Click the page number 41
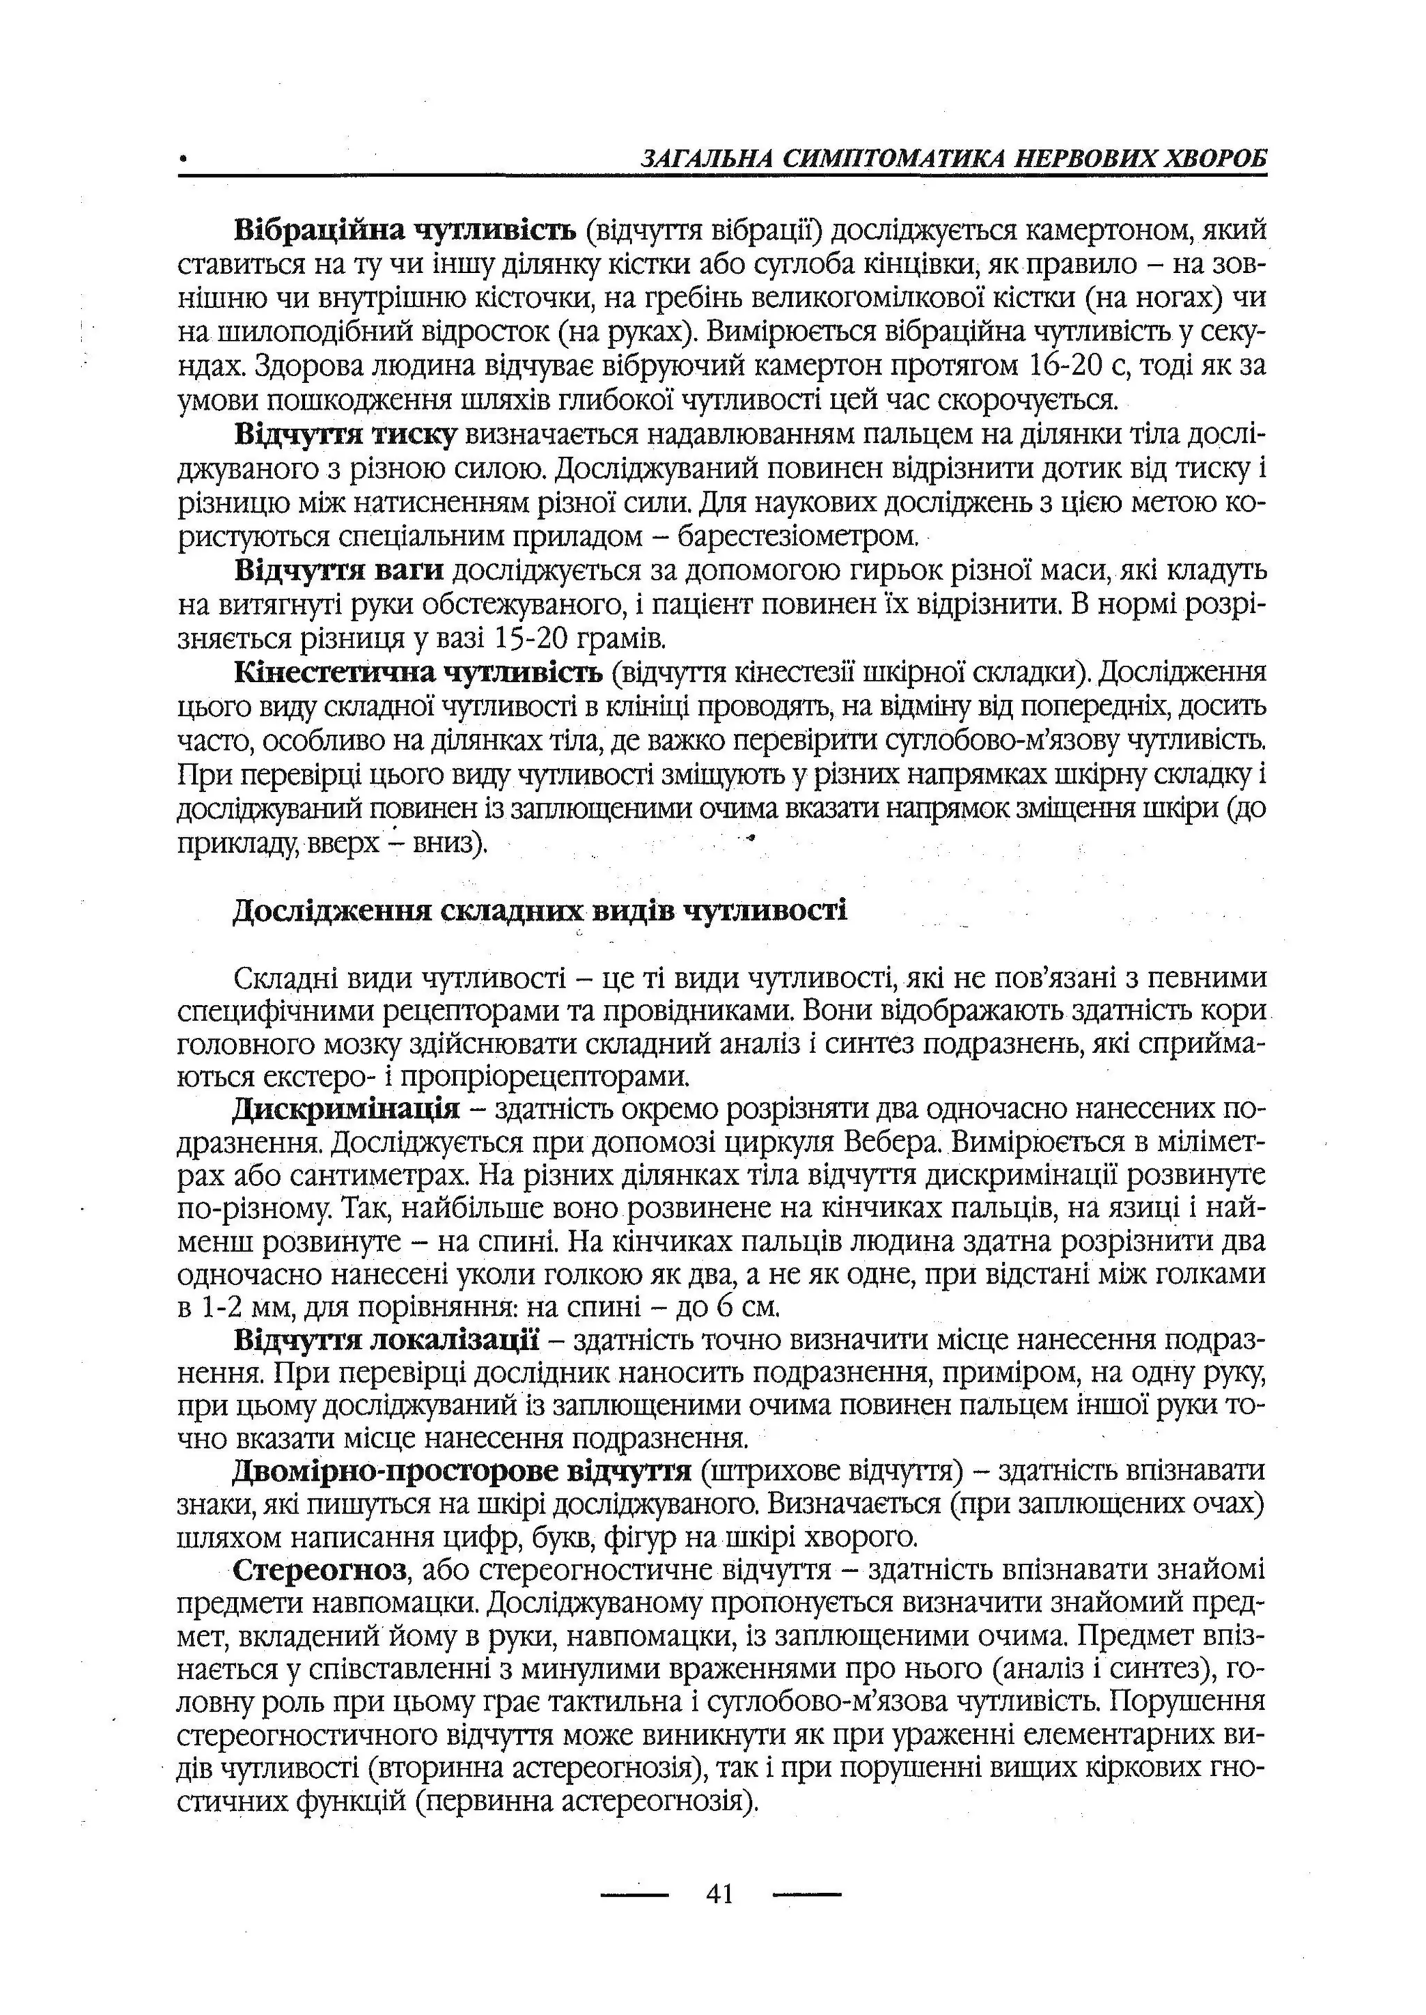(x=719, y=1894)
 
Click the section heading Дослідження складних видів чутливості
(x=540, y=911)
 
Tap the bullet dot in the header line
(x=182, y=161)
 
